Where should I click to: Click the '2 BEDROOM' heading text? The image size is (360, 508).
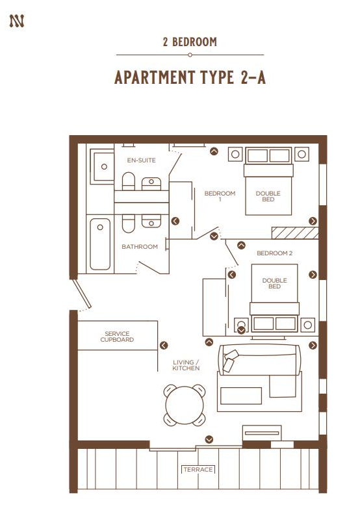coord(190,42)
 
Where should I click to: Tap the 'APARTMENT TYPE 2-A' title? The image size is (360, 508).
coord(190,78)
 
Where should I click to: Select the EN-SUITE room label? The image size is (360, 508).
coord(141,160)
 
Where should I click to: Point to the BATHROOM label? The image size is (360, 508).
coord(140,247)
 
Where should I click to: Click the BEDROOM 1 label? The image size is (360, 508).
coord(220,196)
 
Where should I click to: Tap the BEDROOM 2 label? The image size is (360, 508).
coord(275,253)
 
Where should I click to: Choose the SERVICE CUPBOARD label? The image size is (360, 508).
coord(118,337)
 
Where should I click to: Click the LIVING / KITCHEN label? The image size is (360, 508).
coord(186,365)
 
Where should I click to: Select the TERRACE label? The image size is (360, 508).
coord(198,469)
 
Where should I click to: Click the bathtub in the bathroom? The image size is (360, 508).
coord(100,244)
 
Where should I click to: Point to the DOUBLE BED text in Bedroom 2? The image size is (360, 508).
coord(274,283)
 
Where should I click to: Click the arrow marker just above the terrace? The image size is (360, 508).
coord(209,440)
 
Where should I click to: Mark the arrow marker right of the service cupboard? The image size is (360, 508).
coord(164,346)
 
